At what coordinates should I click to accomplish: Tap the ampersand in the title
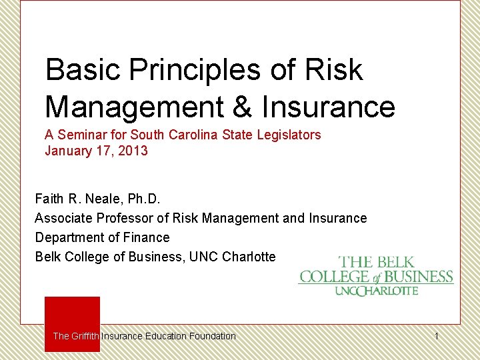[x=244, y=107]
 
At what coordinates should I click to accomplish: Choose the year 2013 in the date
[x=133, y=151]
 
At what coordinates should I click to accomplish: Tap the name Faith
[x=49, y=199]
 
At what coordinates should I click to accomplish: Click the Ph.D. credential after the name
[x=144, y=199]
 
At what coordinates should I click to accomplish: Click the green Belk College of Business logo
[x=376, y=275]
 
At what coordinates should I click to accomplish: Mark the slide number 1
[x=437, y=336]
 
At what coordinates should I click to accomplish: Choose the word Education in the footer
[x=167, y=336]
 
